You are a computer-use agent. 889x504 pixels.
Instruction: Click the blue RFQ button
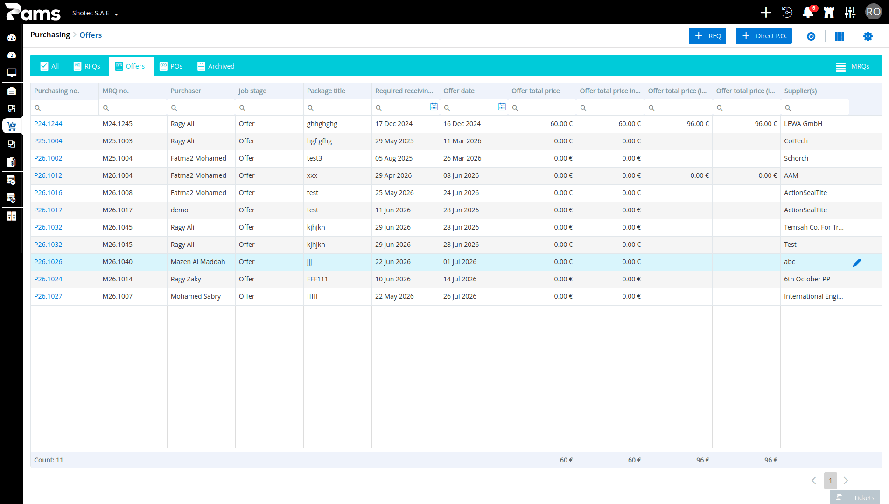(707, 36)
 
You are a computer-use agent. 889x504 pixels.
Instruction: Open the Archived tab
(216, 66)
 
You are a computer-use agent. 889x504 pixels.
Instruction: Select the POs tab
(171, 66)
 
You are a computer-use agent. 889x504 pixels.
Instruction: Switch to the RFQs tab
(87, 66)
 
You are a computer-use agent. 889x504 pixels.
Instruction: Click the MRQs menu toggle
(853, 67)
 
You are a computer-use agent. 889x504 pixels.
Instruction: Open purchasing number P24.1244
(48, 124)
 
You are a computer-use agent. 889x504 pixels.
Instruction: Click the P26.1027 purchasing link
(48, 296)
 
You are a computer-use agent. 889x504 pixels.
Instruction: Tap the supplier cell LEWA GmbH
(803, 124)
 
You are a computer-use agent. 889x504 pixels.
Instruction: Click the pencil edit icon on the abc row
(857, 263)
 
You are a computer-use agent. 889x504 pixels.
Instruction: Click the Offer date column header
(459, 91)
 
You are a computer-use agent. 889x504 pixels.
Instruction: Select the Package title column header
(326, 91)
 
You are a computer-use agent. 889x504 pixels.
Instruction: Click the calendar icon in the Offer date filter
(502, 107)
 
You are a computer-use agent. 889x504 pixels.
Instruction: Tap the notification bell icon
(808, 13)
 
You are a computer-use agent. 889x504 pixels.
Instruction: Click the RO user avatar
(873, 12)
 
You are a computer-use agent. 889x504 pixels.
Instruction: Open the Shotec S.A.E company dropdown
(95, 13)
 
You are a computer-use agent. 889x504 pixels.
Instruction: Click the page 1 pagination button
(831, 481)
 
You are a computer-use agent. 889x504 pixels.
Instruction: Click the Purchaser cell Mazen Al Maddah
(198, 262)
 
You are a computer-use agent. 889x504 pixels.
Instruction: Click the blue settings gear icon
(868, 36)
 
